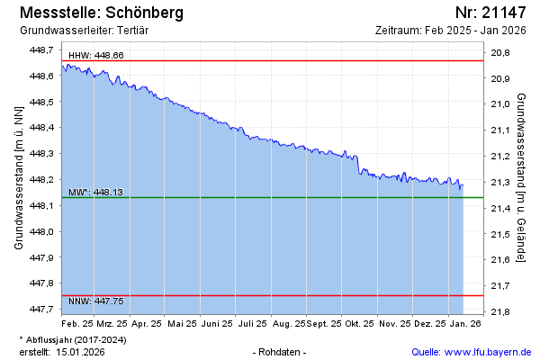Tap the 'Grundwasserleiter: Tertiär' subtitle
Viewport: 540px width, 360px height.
pyautogui.click(x=82, y=31)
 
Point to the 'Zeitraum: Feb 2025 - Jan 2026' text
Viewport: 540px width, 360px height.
pyautogui.click(x=450, y=31)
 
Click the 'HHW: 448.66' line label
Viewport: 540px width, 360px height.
pyautogui.click(x=96, y=56)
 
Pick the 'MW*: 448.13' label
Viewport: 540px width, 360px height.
pyautogui.click(x=95, y=193)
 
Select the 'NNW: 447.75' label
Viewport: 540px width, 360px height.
pyautogui.click(x=96, y=300)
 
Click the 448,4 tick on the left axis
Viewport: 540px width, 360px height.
pyautogui.click(x=43, y=128)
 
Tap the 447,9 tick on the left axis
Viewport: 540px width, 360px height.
pyautogui.click(x=43, y=257)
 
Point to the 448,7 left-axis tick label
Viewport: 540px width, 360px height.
pyautogui.click(x=43, y=50)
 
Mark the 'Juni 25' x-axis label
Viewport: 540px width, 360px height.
pyautogui.click(x=217, y=322)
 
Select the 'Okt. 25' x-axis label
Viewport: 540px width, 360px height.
pyautogui.click(x=359, y=322)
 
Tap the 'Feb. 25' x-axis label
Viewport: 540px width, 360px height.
pyautogui.click(x=77, y=322)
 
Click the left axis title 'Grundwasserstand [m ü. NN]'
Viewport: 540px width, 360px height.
pyautogui.click(x=19, y=177)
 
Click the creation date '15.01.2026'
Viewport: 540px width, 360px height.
pyautogui.click(x=80, y=352)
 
